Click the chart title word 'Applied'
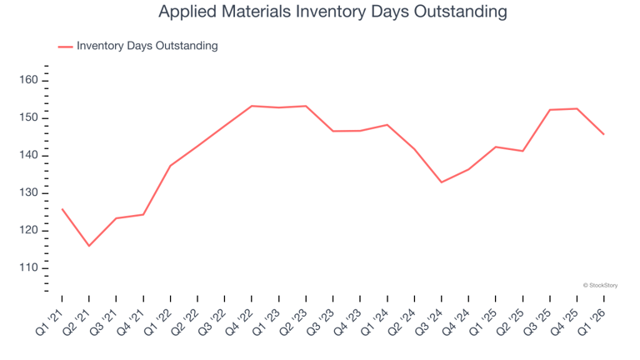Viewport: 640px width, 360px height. pos(183,12)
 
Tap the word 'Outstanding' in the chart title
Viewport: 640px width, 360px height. pos(460,12)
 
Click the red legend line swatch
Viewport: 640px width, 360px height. pos(65,47)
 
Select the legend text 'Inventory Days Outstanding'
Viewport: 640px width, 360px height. pos(147,46)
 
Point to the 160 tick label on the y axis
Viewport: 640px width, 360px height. pos(28,80)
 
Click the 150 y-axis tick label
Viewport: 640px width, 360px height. pos(28,117)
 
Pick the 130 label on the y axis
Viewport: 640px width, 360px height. pos(28,192)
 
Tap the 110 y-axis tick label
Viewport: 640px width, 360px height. pos(28,267)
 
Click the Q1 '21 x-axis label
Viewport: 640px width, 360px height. pos(50,322)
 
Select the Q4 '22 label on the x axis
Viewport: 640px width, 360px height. pos(240,322)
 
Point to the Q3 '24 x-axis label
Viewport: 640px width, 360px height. pos(429,322)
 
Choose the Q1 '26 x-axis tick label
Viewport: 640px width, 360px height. pos(592,322)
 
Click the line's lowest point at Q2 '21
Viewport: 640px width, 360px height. pos(89,246)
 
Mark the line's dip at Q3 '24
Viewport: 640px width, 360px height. pos(442,182)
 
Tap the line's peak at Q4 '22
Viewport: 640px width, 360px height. pos(252,106)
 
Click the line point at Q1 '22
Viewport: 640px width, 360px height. pos(170,166)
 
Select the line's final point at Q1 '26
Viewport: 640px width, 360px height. pos(603,134)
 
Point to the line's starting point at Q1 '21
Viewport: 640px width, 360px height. pos(62,209)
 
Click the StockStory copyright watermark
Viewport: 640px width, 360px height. pos(600,285)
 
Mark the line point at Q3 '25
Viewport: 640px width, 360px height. pos(550,110)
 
